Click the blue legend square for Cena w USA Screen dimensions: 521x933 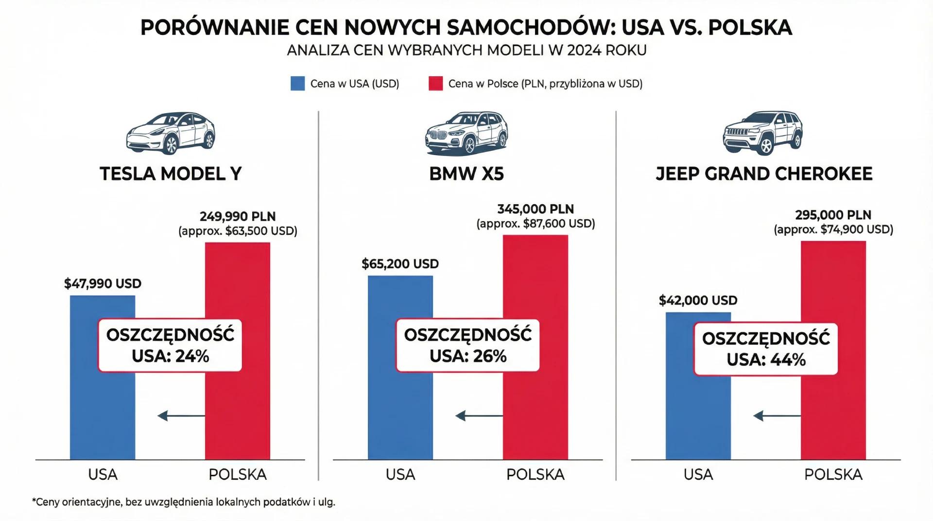297,84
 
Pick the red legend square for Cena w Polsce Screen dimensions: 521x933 435,84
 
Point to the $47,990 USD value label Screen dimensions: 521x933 103,283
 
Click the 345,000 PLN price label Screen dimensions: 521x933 536,209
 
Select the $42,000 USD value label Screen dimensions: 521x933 698,300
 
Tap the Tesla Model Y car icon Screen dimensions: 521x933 170,133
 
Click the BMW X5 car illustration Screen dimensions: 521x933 466,133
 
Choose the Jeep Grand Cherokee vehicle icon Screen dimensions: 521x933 763,132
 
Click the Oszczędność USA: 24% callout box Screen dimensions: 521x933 170,346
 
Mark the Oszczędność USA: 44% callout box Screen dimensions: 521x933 766,349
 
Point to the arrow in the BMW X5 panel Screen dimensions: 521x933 479,416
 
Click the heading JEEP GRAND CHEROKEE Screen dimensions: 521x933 764,174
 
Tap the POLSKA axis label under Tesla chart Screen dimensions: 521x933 238,474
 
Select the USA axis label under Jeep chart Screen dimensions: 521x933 698,474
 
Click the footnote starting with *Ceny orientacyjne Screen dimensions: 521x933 184,502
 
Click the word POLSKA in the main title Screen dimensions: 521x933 750,27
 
